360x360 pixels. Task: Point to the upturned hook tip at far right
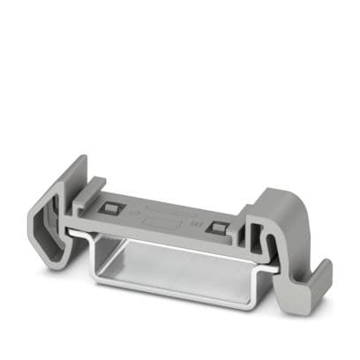(x=323, y=266)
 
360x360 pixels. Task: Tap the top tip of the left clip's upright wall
(x=81, y=161)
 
